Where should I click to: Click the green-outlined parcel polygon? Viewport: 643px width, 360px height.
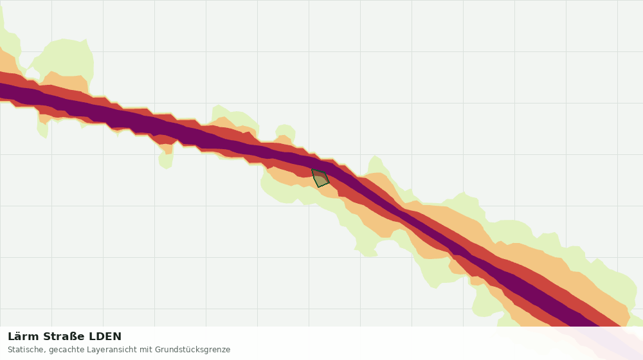coord(320,178)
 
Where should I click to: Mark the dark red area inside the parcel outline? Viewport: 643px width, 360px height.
coord(319,174)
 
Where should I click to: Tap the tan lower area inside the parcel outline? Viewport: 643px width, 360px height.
coord(321,181)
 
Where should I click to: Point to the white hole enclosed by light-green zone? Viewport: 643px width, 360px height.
coord(32,73)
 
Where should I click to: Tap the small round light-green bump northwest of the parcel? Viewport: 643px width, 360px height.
coord(285,132)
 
